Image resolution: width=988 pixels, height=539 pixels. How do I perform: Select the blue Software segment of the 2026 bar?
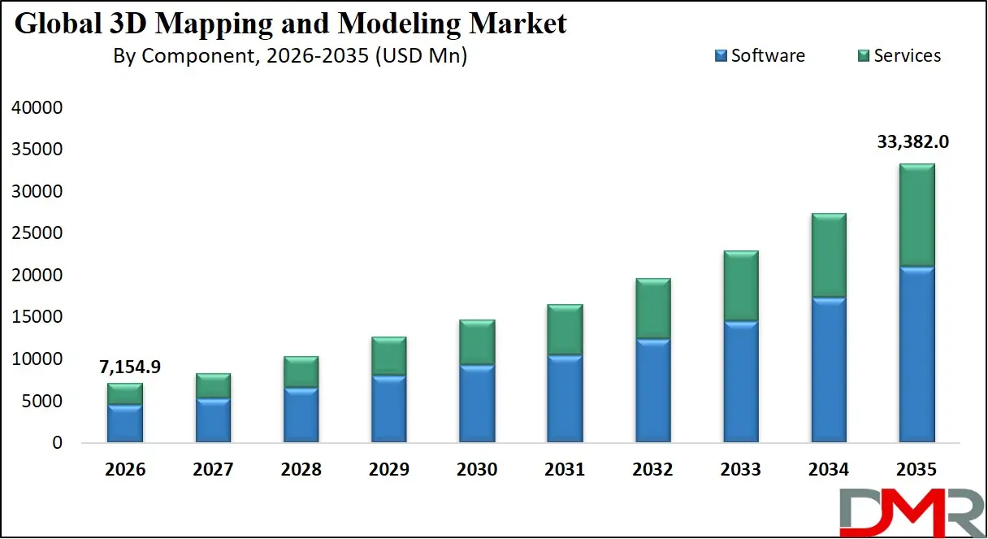tap(124, 424)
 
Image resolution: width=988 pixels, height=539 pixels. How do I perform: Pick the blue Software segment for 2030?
tap(475, 403)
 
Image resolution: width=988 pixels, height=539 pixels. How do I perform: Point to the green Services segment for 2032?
tap(652, 309)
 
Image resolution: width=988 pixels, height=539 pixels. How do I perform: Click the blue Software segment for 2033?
tap(739, 382)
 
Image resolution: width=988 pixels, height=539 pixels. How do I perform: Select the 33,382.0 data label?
tap(913, 142)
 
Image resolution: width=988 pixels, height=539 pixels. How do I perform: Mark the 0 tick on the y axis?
tap(57, 443)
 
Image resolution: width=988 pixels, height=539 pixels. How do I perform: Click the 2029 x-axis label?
tap(388, 470)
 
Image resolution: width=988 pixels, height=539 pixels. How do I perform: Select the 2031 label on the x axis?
tap(564, 470)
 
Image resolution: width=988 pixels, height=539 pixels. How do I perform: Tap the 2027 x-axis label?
tap(213, 470)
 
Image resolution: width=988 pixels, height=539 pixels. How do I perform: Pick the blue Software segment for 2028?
tap(300, 415)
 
